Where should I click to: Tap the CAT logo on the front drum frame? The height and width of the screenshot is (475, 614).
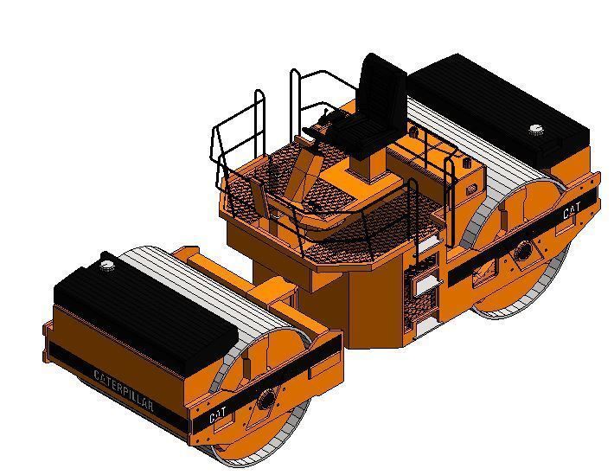(x=220, y=416)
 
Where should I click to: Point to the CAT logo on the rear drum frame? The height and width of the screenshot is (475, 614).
(x=572, y=210)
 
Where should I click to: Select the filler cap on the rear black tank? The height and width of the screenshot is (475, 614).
(x=537, y=132)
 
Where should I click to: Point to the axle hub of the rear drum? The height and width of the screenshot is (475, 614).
(x=522, y=252)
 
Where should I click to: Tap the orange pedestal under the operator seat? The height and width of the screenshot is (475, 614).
(x=368, y=173)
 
